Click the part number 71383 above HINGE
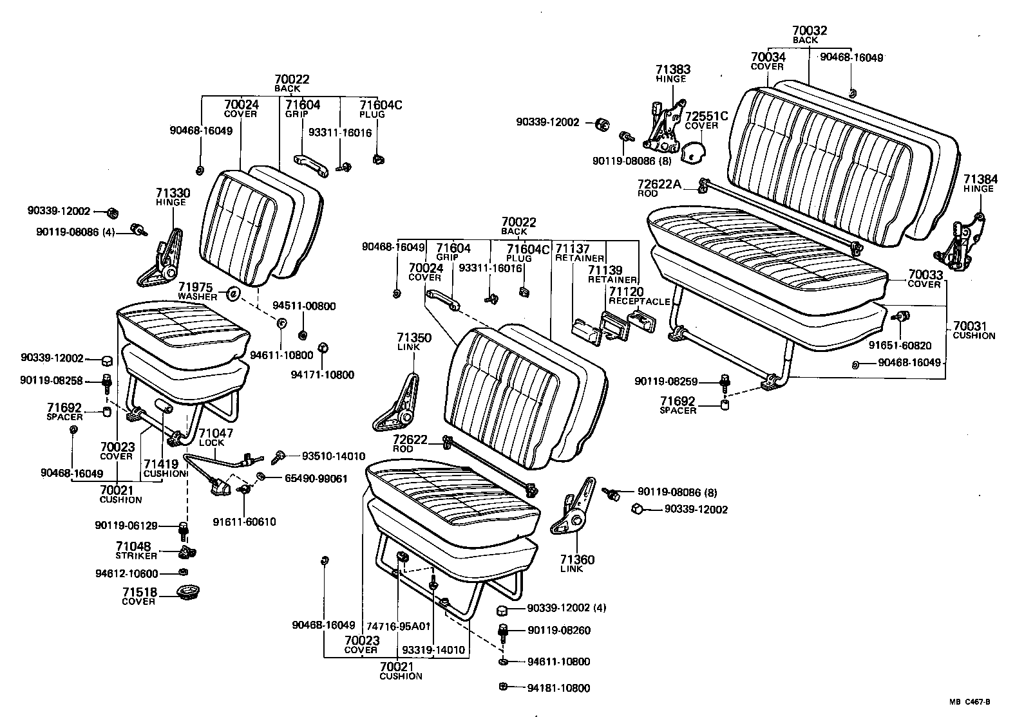tap(673, 69)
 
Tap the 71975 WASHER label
tap(199, 291)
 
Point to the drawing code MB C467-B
tap(968, 703)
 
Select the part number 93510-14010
tap(334, 456)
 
